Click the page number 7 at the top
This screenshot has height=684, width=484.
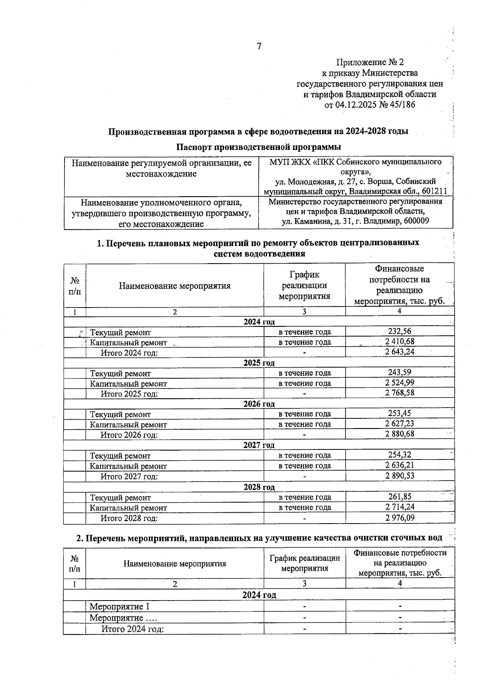259,46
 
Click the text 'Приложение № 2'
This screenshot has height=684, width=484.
369,62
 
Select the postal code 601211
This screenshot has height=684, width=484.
435,191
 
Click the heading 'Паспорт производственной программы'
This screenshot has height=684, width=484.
259,146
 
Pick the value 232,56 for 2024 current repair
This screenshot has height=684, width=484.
399,331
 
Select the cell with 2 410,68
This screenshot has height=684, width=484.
399,341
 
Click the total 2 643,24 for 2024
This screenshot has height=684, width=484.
399,351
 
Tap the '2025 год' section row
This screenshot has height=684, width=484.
259,362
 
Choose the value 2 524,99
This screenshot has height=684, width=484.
399,383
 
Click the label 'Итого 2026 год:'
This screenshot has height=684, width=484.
129,435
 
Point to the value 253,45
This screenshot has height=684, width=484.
399,413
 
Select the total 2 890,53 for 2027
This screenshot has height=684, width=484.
399,476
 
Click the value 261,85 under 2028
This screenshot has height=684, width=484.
399,497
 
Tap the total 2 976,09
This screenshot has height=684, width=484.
399,518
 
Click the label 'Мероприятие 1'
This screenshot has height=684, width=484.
119,607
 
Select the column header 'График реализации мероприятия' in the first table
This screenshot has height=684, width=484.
304,285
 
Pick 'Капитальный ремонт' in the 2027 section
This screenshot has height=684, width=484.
128,466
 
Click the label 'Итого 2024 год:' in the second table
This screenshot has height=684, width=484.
132,629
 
